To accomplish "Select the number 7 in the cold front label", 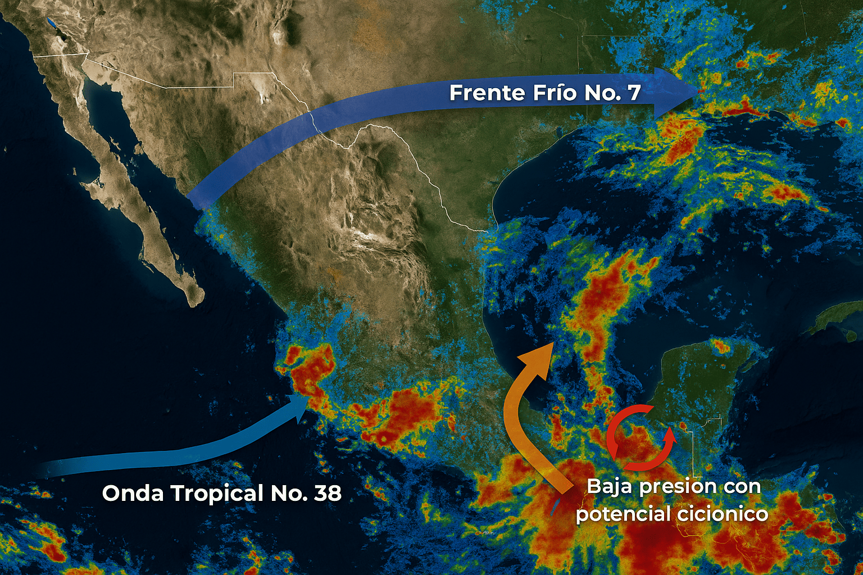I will point(634,93).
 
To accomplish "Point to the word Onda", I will point(133,494).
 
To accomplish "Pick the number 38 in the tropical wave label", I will point(328,494).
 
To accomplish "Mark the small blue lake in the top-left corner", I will point(52,23).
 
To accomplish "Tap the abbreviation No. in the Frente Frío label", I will point(602,93).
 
